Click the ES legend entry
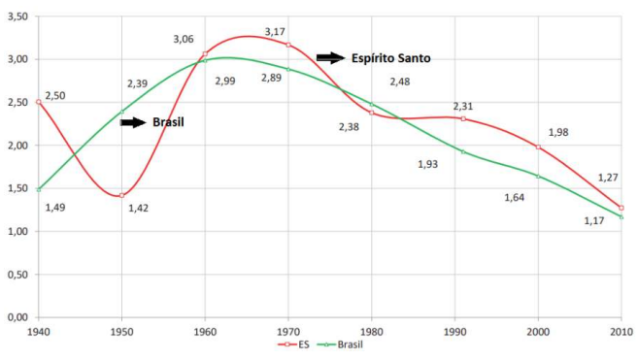pos(293,344)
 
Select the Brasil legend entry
pos(339,344)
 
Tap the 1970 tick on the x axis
pos(288,332)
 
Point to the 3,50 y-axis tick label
pos(17,16)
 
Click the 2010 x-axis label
pos(622,332)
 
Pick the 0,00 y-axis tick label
pos(17,317)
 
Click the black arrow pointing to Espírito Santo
pos(331,58)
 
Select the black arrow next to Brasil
pos(133,122)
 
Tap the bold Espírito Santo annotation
pos(391,58)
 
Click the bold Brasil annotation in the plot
pos(168,122)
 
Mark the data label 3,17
pos(275,32)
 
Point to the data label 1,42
pos(138,209)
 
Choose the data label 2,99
pos(225,81)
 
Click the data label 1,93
pos(427,164)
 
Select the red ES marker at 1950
pos(121,196)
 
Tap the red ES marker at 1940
pos(39,102)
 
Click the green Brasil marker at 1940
pos(39,189)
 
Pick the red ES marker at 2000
pos(538,147)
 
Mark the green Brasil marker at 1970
pos(288,69)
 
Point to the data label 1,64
pos(515,198)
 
